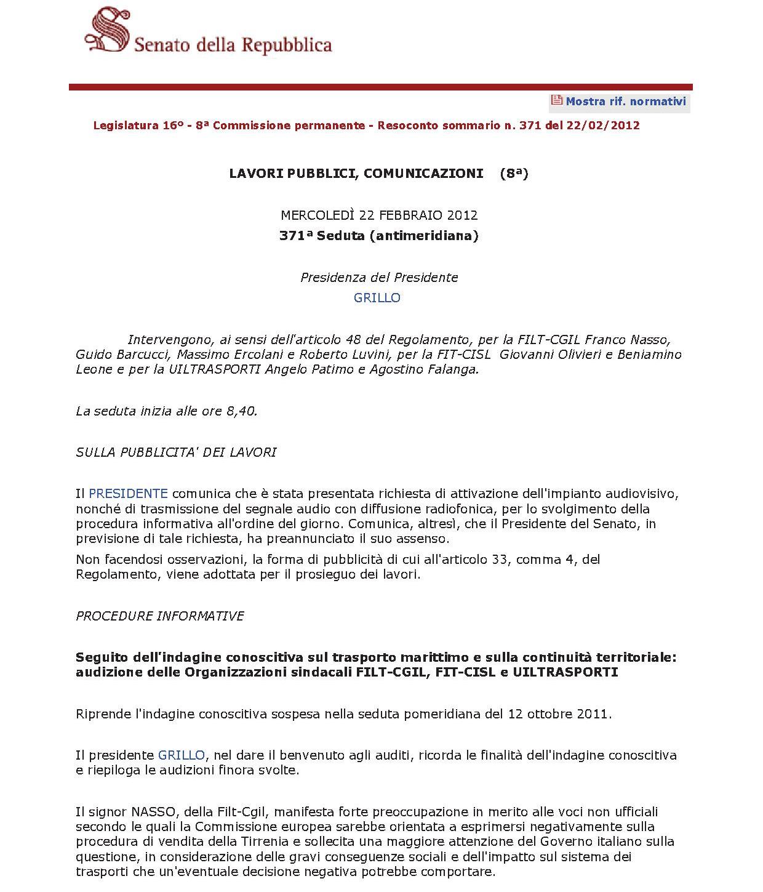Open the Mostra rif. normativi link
click(x=625, y=102)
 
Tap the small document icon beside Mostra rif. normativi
click(x=556, y=100)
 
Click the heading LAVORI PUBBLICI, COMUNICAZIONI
click(x=356, y=174)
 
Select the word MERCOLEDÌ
click(x=318, y=215)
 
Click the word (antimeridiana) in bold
click(x=424, y=236)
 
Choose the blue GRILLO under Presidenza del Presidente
click(x=377, y=298)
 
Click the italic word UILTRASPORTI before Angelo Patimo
click(x=214, y=369)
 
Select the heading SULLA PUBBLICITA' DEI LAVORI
click(x=176, y=452)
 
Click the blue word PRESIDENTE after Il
click(x=128, y=494)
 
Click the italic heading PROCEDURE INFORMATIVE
click(x=160, y=616)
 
